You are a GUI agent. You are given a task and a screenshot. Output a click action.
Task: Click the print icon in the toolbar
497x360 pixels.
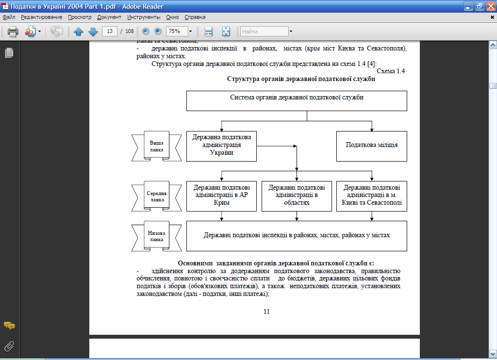click(x=13, y=32)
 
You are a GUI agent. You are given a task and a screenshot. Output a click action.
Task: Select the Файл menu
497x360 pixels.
click(x=9, y=17)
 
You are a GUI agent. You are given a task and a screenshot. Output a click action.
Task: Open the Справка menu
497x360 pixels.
click(x=195, y=17)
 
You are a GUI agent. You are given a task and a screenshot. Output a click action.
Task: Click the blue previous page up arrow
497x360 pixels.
click(x=79, y=32)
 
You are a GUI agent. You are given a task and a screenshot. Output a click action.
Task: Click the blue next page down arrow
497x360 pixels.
click(x=93, y=32)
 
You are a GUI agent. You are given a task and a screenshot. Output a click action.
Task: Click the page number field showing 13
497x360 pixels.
click(x=110, y=32)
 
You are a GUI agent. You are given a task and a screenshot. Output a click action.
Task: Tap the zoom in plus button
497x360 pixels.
click(x=158, y=32)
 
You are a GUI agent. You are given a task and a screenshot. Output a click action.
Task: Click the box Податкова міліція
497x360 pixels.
click(x=372, y=145)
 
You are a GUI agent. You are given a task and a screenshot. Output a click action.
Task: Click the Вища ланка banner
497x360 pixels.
click(x=156, y=146)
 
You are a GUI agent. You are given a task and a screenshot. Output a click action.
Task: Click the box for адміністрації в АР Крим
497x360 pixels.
click(x=221, y=196)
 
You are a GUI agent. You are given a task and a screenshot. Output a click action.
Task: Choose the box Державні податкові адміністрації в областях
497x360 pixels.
click(x=297, y=196)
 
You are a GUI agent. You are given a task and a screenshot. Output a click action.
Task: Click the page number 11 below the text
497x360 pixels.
click(x=266, y=311)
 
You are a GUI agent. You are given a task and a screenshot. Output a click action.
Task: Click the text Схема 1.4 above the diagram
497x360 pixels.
click(x=391, y=71)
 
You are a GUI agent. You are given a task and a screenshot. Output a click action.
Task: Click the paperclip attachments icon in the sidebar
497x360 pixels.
click(x=9, y=346)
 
